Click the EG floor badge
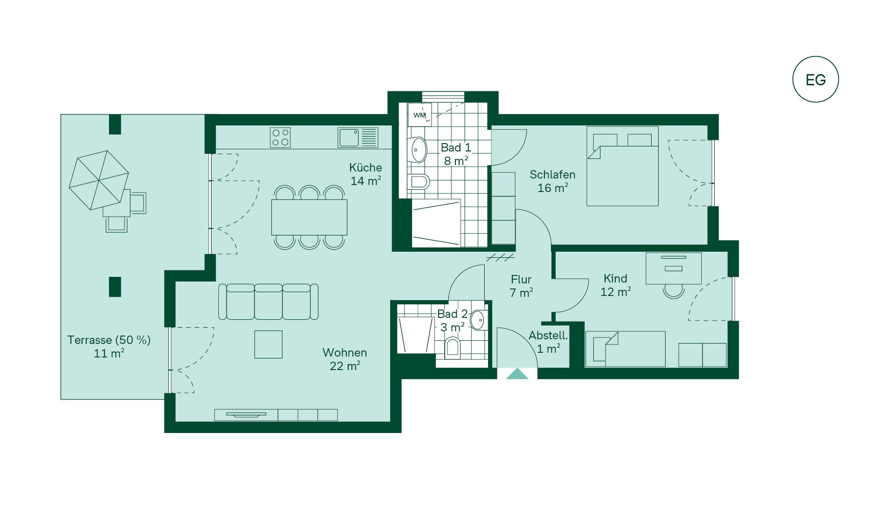point(815,79)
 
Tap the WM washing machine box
point(420,115)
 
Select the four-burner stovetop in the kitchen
point(280,137)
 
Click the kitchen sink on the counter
point(358,137)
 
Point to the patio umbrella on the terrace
point(99,180)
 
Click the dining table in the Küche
point(309,217)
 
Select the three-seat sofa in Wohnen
point(268,302)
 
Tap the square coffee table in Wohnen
point(268,344)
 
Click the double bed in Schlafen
point(622,166)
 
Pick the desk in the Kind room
point(674,268)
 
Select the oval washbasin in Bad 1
point(418,150)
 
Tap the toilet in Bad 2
point(453,347)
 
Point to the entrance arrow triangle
point(517,374)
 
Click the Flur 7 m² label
point(521,286)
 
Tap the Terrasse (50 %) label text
point(109,340)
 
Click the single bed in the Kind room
point(625,349)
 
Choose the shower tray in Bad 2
point(416,335)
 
